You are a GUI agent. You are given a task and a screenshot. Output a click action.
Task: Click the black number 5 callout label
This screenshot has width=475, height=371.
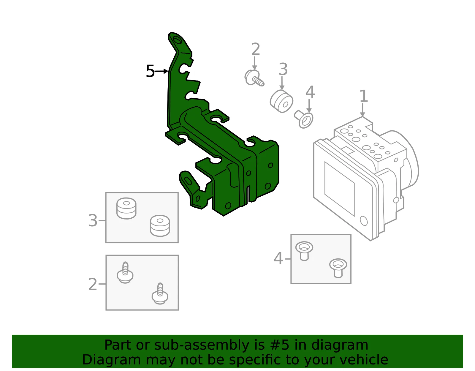(150, 71)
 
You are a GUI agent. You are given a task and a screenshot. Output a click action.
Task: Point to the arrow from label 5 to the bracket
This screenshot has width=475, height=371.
(161, 71)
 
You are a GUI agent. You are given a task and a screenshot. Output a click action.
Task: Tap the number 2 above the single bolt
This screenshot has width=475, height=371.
(256, 49)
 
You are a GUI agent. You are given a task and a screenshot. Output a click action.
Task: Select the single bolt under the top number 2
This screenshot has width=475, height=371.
(254, 78)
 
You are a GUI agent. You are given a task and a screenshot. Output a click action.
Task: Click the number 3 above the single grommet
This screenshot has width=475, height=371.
(283, 69)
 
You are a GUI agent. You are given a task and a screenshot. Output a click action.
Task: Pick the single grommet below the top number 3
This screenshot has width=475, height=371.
(281, 101)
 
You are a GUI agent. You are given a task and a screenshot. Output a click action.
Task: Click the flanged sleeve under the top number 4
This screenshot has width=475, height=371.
(304, 119)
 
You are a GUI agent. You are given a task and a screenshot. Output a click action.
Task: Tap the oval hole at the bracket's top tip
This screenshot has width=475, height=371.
(177, 40)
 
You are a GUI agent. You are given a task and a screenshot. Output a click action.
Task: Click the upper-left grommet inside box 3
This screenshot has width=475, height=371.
(126, 208)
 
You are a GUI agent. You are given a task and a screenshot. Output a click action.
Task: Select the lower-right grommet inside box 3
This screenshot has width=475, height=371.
(160, 226)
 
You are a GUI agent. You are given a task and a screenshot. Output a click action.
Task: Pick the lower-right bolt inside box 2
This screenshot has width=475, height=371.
(160, 293)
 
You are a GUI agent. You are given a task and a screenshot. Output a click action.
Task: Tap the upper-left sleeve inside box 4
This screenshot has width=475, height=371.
(304, 251)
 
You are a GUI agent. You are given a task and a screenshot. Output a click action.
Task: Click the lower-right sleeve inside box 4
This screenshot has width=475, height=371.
(338, 268)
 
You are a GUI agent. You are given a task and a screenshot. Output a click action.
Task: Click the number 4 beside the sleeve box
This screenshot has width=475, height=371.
(278, 259)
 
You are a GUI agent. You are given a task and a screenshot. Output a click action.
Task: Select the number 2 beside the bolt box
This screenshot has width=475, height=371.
(92, 285)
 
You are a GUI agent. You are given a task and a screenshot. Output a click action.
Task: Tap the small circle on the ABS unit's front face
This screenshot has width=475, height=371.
(363, 221)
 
